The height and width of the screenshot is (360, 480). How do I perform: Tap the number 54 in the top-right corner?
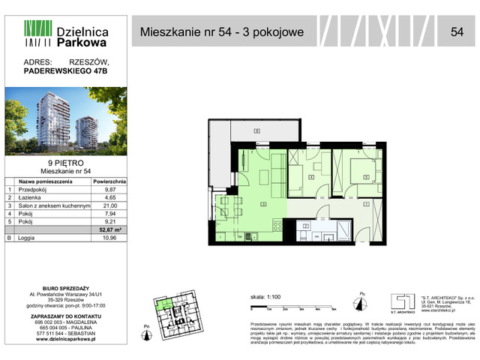[x=456, y=31]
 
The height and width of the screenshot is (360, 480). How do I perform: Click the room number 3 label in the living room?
[x=263, y=203]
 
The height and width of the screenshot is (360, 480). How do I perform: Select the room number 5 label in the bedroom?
[x=365, y=178]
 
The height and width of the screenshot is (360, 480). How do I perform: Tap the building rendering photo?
[x=65, y=121]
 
